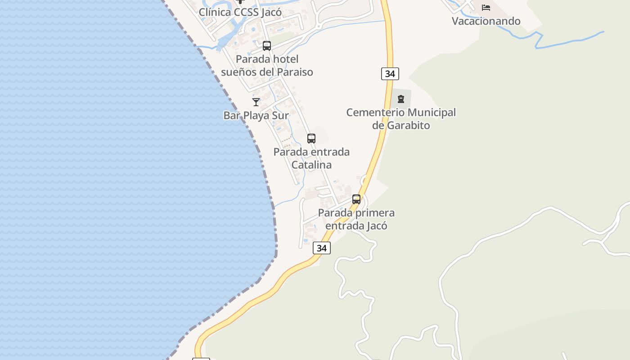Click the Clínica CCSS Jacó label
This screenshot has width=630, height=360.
(x=240, y=12)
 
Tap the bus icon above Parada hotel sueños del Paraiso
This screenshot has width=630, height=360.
(x=267, y=46)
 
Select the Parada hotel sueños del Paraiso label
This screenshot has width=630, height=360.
(x=267, y=65)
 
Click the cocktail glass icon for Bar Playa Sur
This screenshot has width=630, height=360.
(x=256, y=102)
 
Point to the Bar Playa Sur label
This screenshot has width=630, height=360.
(x=256, y=115)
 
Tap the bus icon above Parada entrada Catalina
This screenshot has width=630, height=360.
(x=311, y=139)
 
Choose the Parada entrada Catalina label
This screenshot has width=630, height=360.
(x=311, y=158)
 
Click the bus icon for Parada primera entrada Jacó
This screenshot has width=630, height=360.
(x=356, y=199)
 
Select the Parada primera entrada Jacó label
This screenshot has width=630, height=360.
(x=356, y=219)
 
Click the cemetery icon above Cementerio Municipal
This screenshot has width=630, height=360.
(x=401, y=99)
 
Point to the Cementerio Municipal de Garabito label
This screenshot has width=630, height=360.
(x=401, y=119)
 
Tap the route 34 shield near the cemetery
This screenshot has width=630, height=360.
(x=390, y=74)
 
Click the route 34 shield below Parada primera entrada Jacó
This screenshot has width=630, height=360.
(x=322, y=248)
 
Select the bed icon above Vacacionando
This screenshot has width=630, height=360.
(x=486, y=8)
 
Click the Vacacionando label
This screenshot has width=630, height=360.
(x=486, y=21)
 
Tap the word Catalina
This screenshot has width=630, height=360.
(x=311, y=165)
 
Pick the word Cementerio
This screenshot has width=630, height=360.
(x=375, y=112)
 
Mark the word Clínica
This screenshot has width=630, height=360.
(x=214, y=12)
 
